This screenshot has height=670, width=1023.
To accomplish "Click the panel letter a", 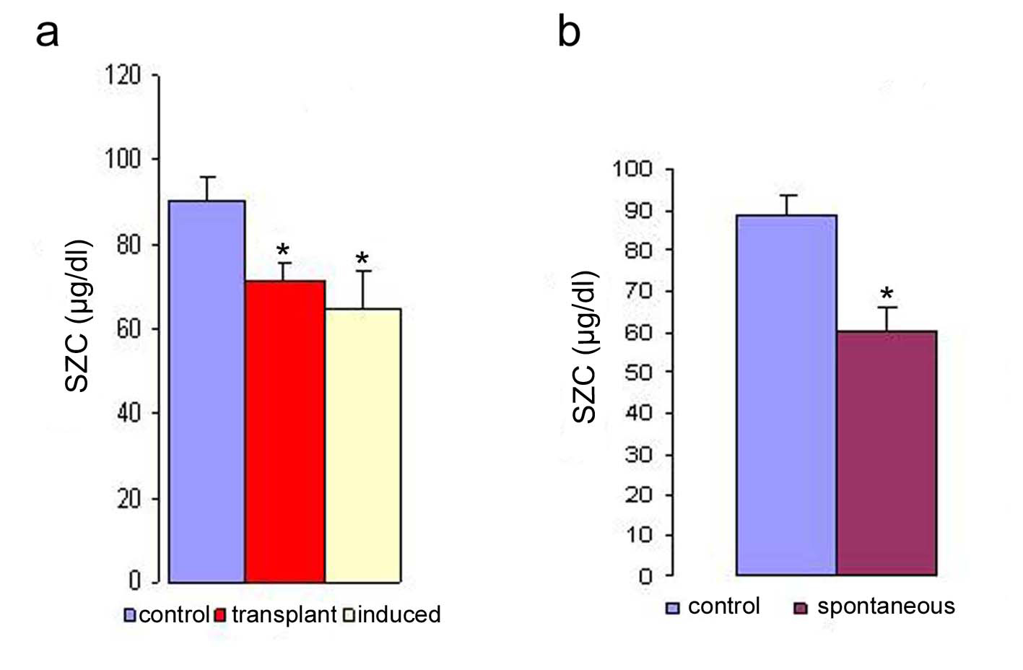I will click(x=47, y=33).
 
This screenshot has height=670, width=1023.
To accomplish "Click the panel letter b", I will click(x=569, y=32).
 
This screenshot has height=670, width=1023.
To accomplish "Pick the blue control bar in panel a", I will click(x=206, y=391).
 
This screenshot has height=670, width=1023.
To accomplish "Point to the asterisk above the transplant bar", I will click(x=283, y=251).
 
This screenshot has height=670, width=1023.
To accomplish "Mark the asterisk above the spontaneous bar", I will click(x=887, y=294).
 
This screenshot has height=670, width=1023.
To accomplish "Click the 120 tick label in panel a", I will click(x=123, y=74).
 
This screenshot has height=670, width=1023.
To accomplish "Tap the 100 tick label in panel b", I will click(x=632, y=170).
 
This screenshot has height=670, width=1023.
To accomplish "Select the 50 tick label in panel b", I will click(x=638, y=373).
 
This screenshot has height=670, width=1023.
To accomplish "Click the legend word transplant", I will click(x=284, y=614).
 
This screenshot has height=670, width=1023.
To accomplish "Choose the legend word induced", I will click(x=399, y=614).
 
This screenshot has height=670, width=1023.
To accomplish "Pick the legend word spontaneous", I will click(x=886, y=606).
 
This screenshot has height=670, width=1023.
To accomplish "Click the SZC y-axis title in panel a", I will click(x=78, y=316).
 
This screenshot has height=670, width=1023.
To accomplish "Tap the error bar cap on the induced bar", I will click(x=363, y=271).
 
